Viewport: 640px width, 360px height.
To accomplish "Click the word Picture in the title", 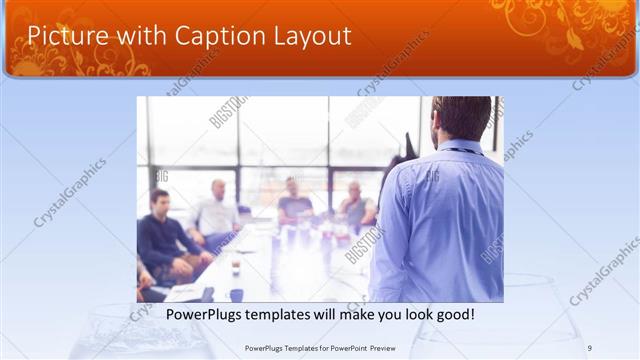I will (x=62, y=36).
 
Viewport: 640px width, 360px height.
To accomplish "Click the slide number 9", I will (x=590, y=348).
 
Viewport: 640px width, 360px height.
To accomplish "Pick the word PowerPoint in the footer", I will (x=339, y=348).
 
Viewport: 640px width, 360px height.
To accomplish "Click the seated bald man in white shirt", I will (x=217, y=211).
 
